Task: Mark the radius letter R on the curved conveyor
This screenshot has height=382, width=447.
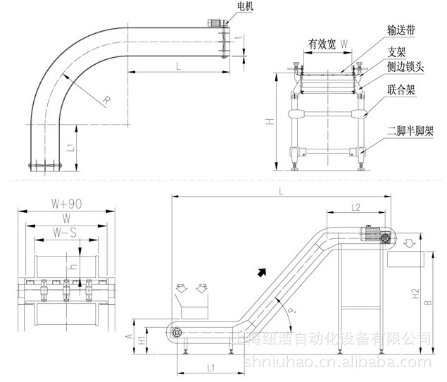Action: click(106, 100)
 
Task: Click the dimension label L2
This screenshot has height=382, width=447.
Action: click(355, 207)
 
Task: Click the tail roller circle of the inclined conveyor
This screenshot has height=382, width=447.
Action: click(177, 333)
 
